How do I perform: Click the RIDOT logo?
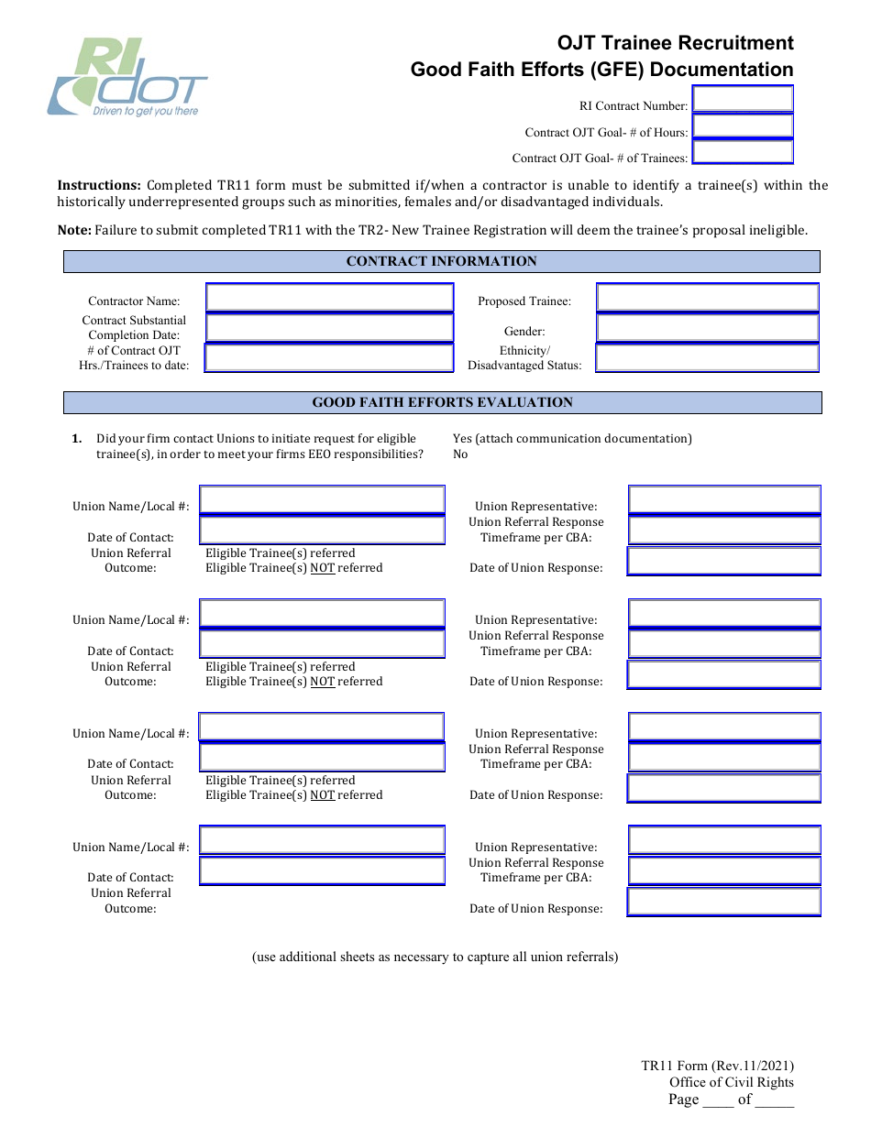[127, 77]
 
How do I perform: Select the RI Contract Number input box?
[742, 99]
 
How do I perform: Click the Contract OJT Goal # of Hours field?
[742, 126]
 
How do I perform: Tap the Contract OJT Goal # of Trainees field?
[742, 152]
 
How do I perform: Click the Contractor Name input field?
[329, 298]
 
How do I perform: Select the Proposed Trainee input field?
[707, 298]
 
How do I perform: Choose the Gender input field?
[707, 328]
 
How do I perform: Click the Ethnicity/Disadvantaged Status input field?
[707, 358]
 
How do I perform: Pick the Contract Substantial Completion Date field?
[329, 328]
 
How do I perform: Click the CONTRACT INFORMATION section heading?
[441, 262]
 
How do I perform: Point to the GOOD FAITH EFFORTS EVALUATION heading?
[442, 402]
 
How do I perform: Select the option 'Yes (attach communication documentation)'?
[572, 439]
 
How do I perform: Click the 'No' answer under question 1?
[460, 454]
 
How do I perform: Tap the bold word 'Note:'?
[74, 230]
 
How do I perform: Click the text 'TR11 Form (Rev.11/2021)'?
[717, 1066]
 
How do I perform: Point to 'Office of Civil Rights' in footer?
[731, 1082]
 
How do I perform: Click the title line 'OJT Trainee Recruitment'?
[675, 43]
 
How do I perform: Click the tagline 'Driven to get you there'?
[145, 112]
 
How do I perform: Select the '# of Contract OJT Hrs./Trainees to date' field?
[329, 358]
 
